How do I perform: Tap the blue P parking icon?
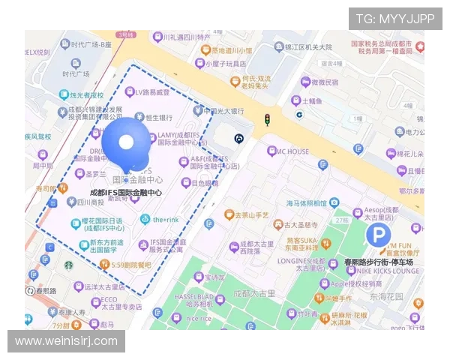point(379,237)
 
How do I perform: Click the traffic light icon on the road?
point(266,119)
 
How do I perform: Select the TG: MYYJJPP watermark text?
point(395,19)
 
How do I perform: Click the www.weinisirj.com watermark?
point(66,341)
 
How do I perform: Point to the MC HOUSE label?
point(292,151)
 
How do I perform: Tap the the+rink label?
point(165,220)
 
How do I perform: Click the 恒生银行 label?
point(158,118)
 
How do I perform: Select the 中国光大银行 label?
point(223,111)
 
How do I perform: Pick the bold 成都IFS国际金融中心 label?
point(126,193)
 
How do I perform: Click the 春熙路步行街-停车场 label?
point(379,262)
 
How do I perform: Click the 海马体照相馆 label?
point(306,203)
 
